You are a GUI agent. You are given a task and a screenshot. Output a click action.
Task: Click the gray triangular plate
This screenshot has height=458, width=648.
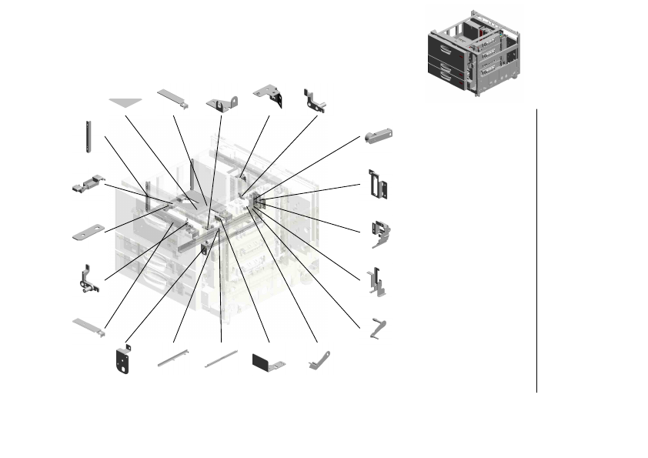[x=125, y=102]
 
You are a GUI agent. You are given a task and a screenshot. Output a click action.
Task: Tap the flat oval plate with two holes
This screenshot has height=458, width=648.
[x=88, y=232]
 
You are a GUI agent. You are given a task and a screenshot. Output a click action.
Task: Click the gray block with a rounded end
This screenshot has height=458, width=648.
[x=379, y=135]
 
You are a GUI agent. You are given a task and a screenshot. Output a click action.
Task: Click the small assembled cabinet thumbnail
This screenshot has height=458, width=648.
[x=473, y=52]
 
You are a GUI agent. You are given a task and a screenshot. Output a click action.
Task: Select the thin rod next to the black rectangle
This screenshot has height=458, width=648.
[x=222, y=359]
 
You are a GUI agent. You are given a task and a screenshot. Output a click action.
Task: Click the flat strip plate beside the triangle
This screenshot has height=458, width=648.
[x=174, y=99]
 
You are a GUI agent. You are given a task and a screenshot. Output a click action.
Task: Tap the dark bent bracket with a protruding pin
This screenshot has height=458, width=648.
[x=316, y=99]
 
